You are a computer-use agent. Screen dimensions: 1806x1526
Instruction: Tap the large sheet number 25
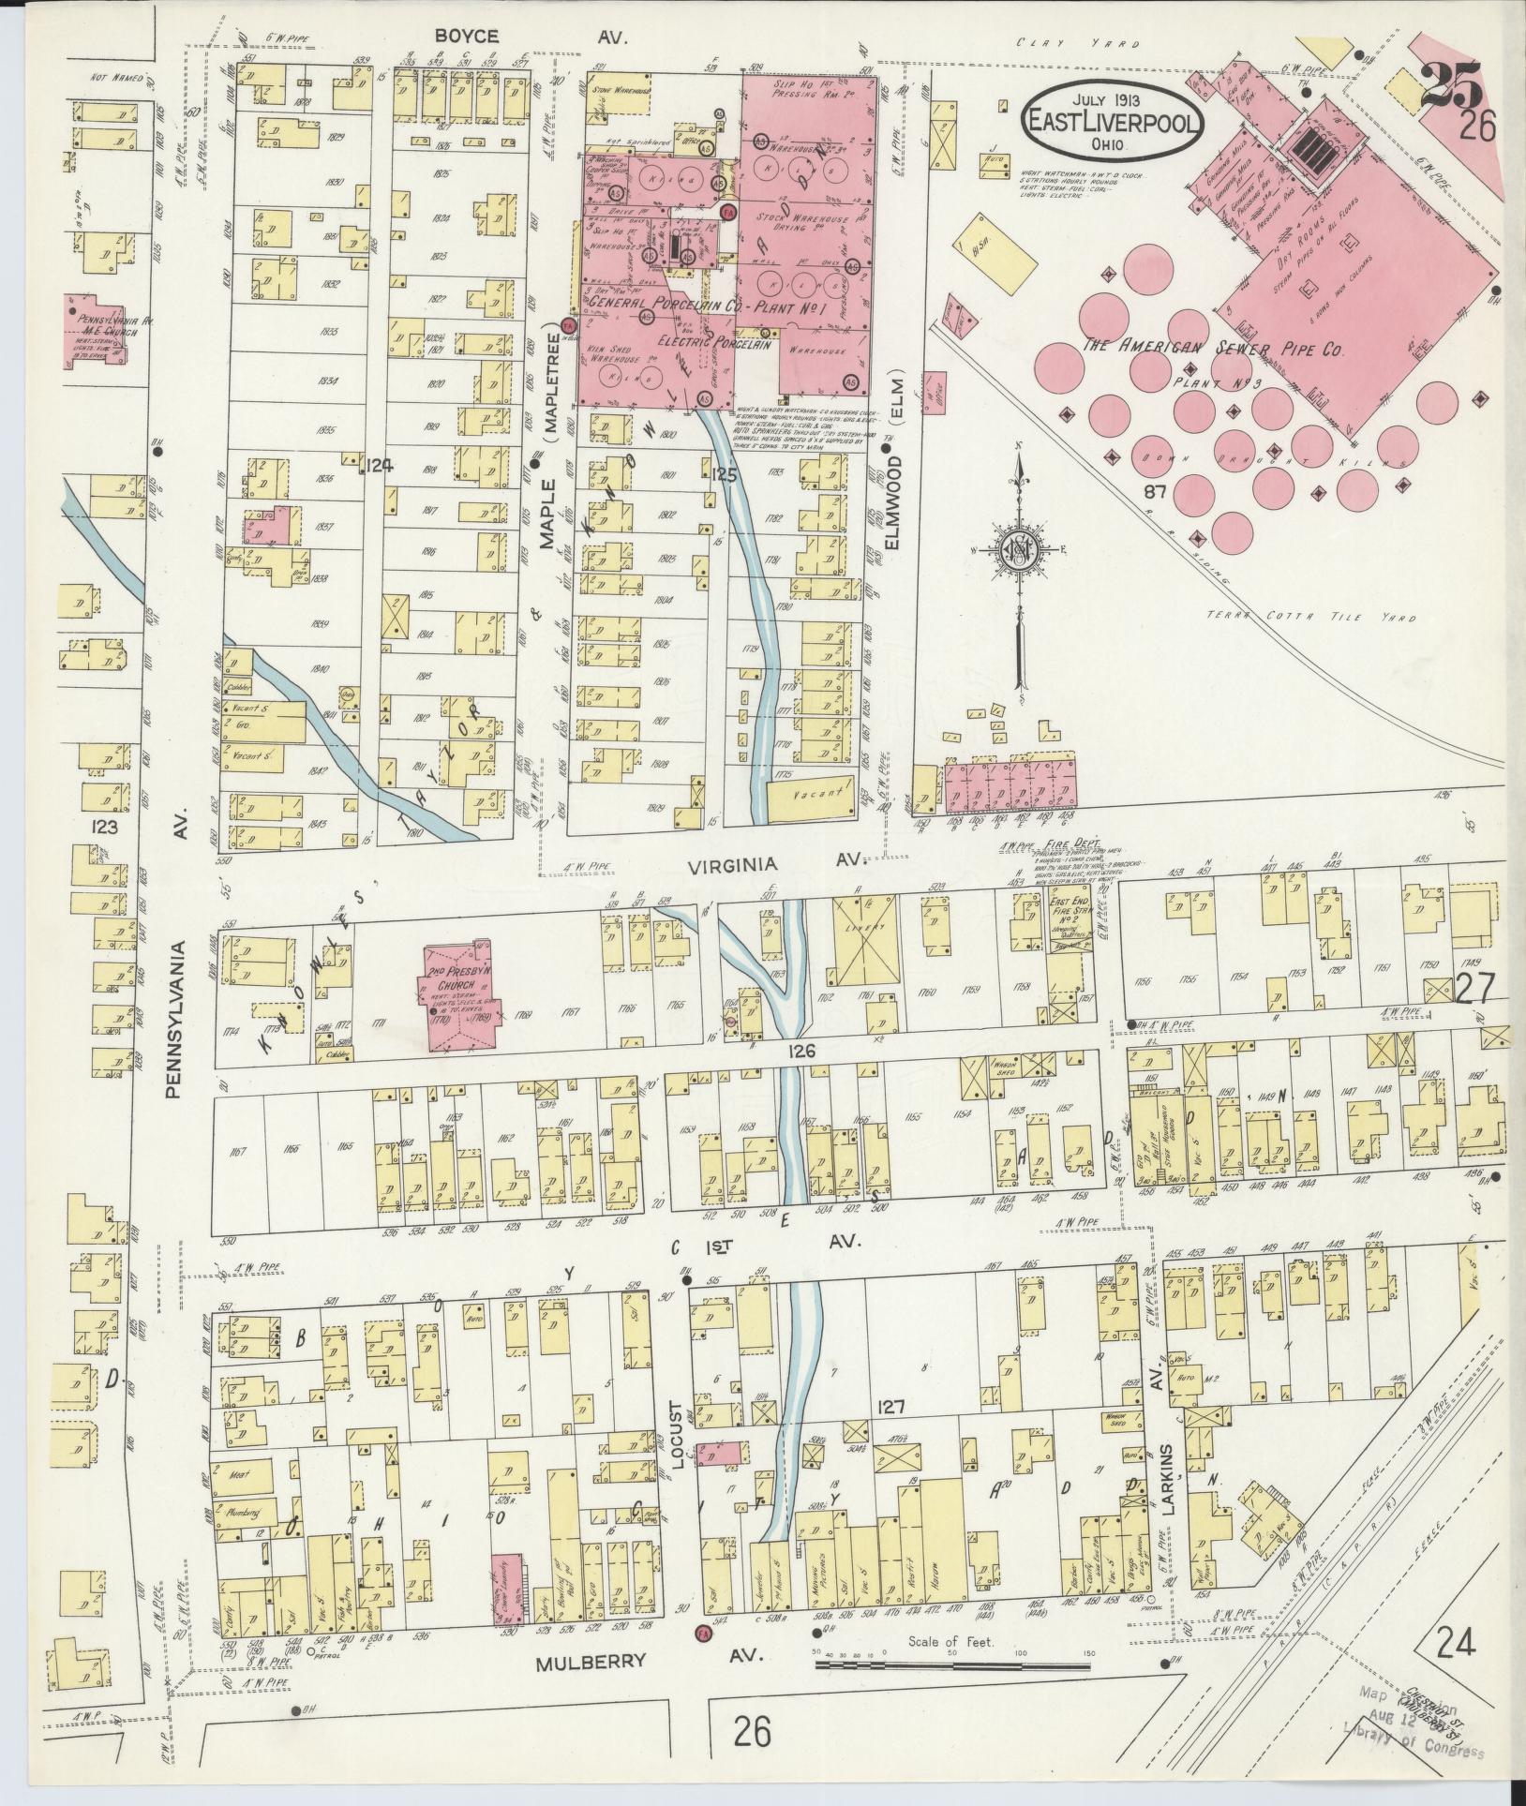click(x=1451, y=86)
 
